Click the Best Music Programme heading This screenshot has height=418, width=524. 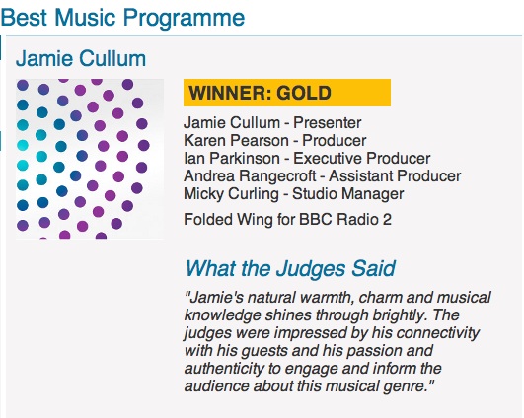point(122,19)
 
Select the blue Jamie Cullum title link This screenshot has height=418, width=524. point(81,59)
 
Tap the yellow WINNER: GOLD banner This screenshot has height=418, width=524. point(287,93)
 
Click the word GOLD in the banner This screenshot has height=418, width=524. point(304,93)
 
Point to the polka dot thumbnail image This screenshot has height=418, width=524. point(90,159)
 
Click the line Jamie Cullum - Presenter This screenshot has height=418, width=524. point(272,123)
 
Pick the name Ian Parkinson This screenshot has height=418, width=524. point(232,159)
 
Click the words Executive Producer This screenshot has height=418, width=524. point(361,159)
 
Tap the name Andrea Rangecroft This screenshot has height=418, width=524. point(250,175)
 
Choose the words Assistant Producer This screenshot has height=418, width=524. point(395,175)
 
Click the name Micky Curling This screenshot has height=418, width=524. point(231,194)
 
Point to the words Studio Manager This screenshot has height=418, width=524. point(348,194)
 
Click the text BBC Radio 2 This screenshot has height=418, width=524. point(345,220)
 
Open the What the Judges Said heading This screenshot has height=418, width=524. point(290,268)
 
